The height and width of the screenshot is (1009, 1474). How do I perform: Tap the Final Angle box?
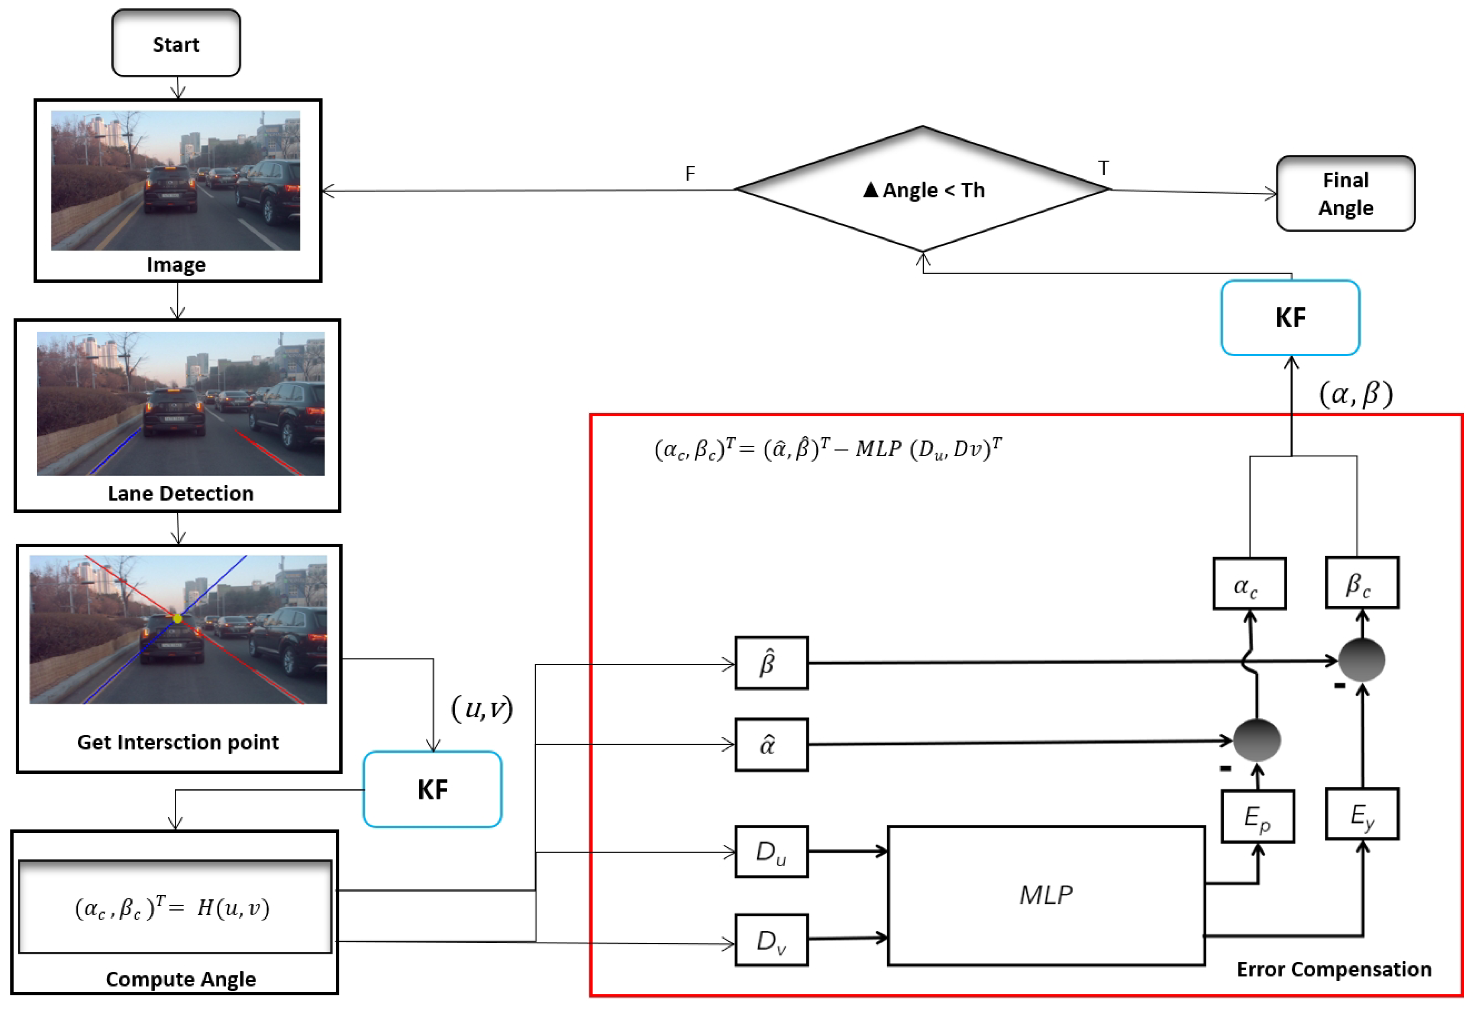(1345, 194)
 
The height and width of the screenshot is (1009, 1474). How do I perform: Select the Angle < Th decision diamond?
(923, 190)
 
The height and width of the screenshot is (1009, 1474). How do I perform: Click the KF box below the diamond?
(1290, 318)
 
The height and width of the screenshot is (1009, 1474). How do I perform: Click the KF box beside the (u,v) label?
(433, 789)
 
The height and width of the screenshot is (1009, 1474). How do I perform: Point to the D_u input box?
(771, 852)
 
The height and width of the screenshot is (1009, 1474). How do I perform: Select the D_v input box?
(771, 940)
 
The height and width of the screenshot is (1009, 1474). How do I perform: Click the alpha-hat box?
(771, 744)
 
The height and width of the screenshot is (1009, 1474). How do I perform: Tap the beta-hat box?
(771, 663)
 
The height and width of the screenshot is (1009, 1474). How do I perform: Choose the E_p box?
(1257, 816)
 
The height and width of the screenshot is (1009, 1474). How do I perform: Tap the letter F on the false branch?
(690, 173)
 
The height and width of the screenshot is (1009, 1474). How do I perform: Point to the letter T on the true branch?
(1104, 168)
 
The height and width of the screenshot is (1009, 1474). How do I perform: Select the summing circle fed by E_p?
(1256, 740)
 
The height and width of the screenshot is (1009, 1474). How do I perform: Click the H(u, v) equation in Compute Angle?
(173, 907)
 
